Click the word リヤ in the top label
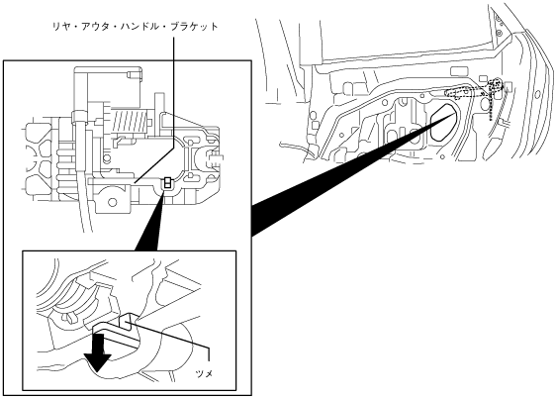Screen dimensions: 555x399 coord(58,27)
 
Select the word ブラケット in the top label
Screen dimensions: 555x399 coord(194,27)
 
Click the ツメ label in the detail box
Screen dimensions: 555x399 coord(204,373)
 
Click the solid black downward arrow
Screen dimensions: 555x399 coord(100,351)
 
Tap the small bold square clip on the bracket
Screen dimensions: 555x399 coord(167,182)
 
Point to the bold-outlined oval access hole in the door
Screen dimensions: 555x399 coord(443,122)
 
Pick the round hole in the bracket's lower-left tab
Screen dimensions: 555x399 coord(113,202)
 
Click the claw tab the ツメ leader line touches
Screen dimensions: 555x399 coord(127,322)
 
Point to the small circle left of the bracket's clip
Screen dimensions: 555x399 coord(105,158)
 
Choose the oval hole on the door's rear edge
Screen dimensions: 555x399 coord(537,95)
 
